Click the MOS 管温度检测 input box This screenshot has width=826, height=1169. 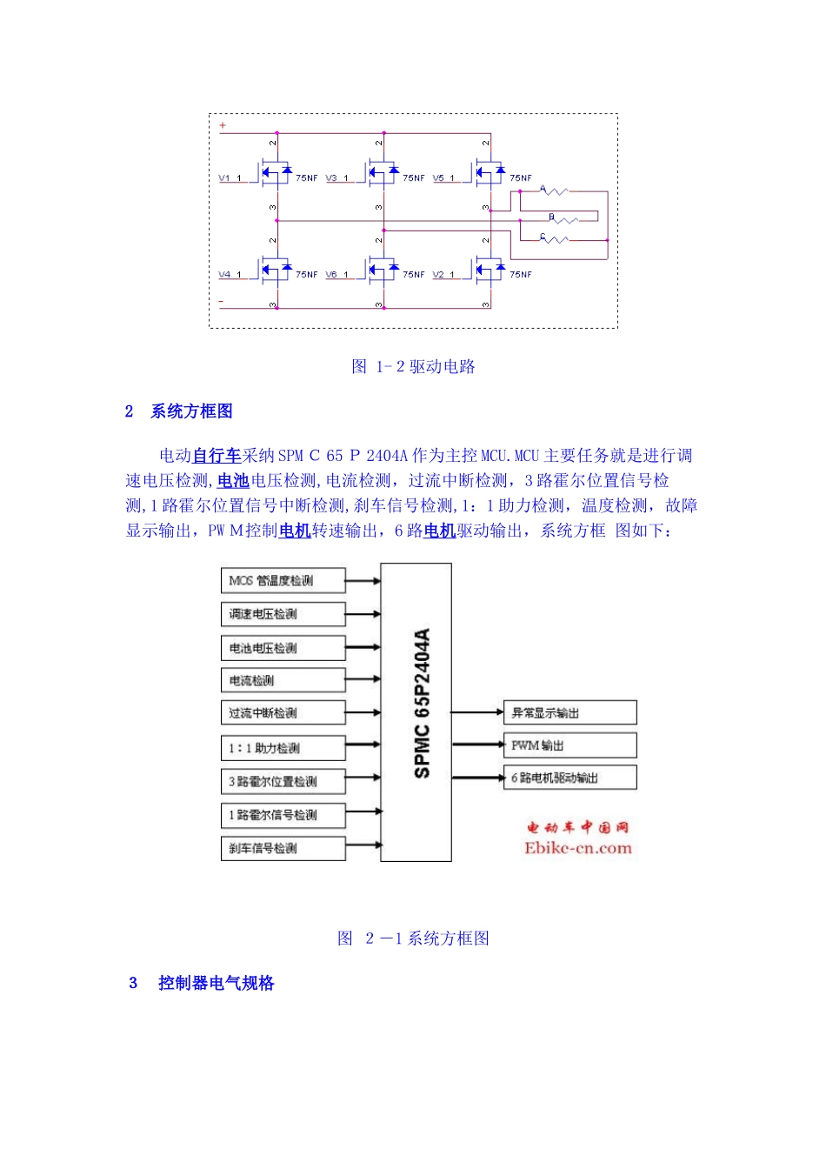pyautogui.click(x=283, y=580)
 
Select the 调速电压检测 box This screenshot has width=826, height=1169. pyautogui.click(x=283, y=614)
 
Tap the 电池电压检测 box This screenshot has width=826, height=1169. pyautogui.click(x=283, y=648)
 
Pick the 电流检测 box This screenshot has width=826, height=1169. pyautogui.click(x=283, y=680)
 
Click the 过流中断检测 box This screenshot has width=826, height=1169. pyautogui.click(x=283, y=713)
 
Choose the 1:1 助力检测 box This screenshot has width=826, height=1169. pyautogui.click(x=283, y=748)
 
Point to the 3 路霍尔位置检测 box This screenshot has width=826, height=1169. pyautogui.click(x=283, y=781)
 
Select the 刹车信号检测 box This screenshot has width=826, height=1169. pyautogui.click(x=283, y=848)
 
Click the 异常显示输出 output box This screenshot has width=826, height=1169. pyautogui.click(x=570, y=713)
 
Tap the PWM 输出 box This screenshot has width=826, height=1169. pyautogui.click(x=570, y=745)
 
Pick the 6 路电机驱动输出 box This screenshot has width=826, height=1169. pyautogui.click(x=570, y=778)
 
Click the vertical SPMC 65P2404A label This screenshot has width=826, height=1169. pyautogui.click(x=422, y=703)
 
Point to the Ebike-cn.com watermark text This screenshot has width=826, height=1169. pyautogui.click(x=577, y=848)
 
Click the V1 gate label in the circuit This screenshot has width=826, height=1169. pyautogui.click(x=224, y=178)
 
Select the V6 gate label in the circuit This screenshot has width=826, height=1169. pyautogui.click(x=331, y=275)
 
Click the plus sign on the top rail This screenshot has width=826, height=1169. pyautogui.click(x=223, y=126)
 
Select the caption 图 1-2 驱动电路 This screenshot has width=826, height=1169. pyautogui.click(x=413, y=366)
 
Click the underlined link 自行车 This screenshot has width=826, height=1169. pyautogui.click(x=216, y=456)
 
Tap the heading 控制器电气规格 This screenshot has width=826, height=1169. pyautogui.click(x=216, y=983)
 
